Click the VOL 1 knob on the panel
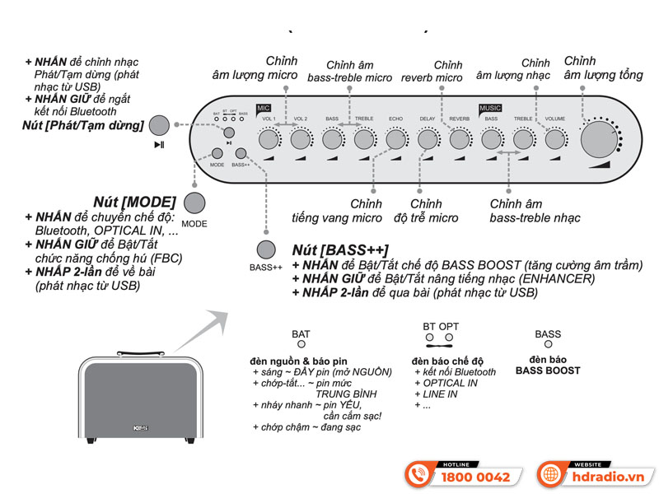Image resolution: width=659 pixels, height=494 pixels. (x=269, y=140)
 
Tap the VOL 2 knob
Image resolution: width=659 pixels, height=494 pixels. (x=301, y=140)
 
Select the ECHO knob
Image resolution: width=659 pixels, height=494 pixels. (x=395, y=140)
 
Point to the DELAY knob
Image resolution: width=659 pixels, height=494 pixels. (x=427, y=140)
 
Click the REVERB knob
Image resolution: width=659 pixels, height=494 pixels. (x=459, y=140)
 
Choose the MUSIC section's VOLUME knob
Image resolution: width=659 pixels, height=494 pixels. (x=554, y=140)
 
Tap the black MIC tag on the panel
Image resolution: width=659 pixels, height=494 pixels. (x=264, y=108)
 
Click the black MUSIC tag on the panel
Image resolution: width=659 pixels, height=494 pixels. (x=490, y=108)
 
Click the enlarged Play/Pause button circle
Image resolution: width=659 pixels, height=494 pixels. (x=159, y=125)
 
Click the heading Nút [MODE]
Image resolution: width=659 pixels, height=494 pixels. (x=135, y=202)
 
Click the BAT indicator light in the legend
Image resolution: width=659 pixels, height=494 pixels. (x=301, y=345)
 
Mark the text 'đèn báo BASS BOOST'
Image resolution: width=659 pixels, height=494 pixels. (x=548, y=365)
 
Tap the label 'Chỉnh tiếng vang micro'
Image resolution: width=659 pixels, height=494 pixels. (x=337, y=211)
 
